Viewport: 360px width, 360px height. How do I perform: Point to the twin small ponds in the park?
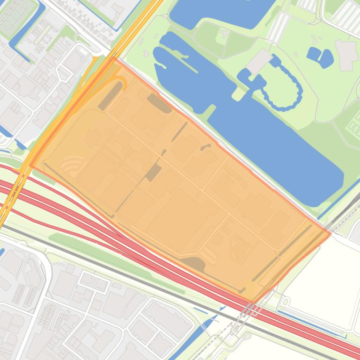click(320, 57)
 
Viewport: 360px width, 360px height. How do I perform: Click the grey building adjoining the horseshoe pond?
click(259, 61)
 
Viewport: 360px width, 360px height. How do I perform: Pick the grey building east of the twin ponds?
click(346, 55)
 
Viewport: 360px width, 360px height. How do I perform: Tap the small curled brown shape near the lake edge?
click(205, 147)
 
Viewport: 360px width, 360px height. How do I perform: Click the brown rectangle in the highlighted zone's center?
click(154, 172)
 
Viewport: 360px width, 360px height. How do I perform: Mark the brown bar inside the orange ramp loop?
click(110, 96)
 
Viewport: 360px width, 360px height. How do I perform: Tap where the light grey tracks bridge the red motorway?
click(250, 309)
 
